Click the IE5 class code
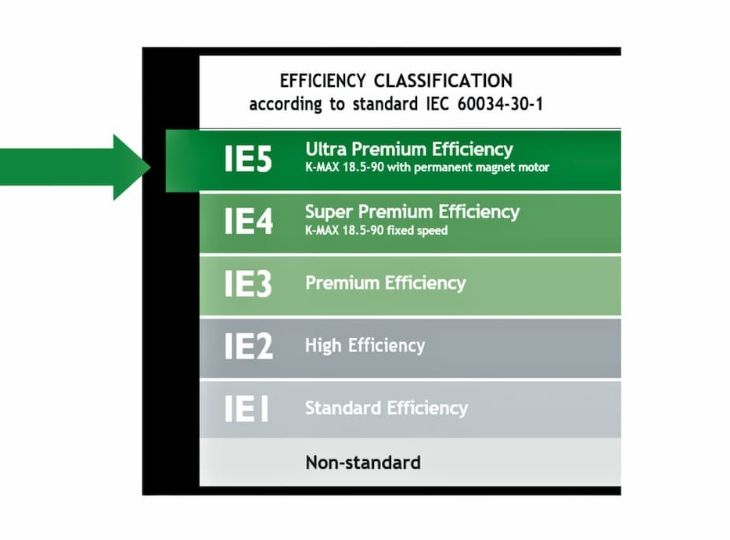coord(248,159)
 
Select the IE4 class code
coord(248,221)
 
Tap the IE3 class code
coord(248,283)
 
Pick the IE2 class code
coord(248,345)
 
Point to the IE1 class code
coord(246,408)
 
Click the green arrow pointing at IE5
coord(75,167)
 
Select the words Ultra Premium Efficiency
coord(409,149)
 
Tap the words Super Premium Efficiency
coord(412,212)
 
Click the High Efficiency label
coord(365,345)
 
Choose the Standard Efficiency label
coord(387,408)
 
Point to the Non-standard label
coord(363,463)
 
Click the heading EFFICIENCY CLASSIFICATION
coord(396,81)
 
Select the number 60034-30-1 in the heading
coord(500,103)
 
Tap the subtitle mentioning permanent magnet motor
coord(427,167)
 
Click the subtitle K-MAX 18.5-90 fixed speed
coord(376,230)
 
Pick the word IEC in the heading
coord(437,103)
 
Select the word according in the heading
coord(286,104)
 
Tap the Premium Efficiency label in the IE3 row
coord(386,283)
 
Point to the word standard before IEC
coord(385,103)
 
